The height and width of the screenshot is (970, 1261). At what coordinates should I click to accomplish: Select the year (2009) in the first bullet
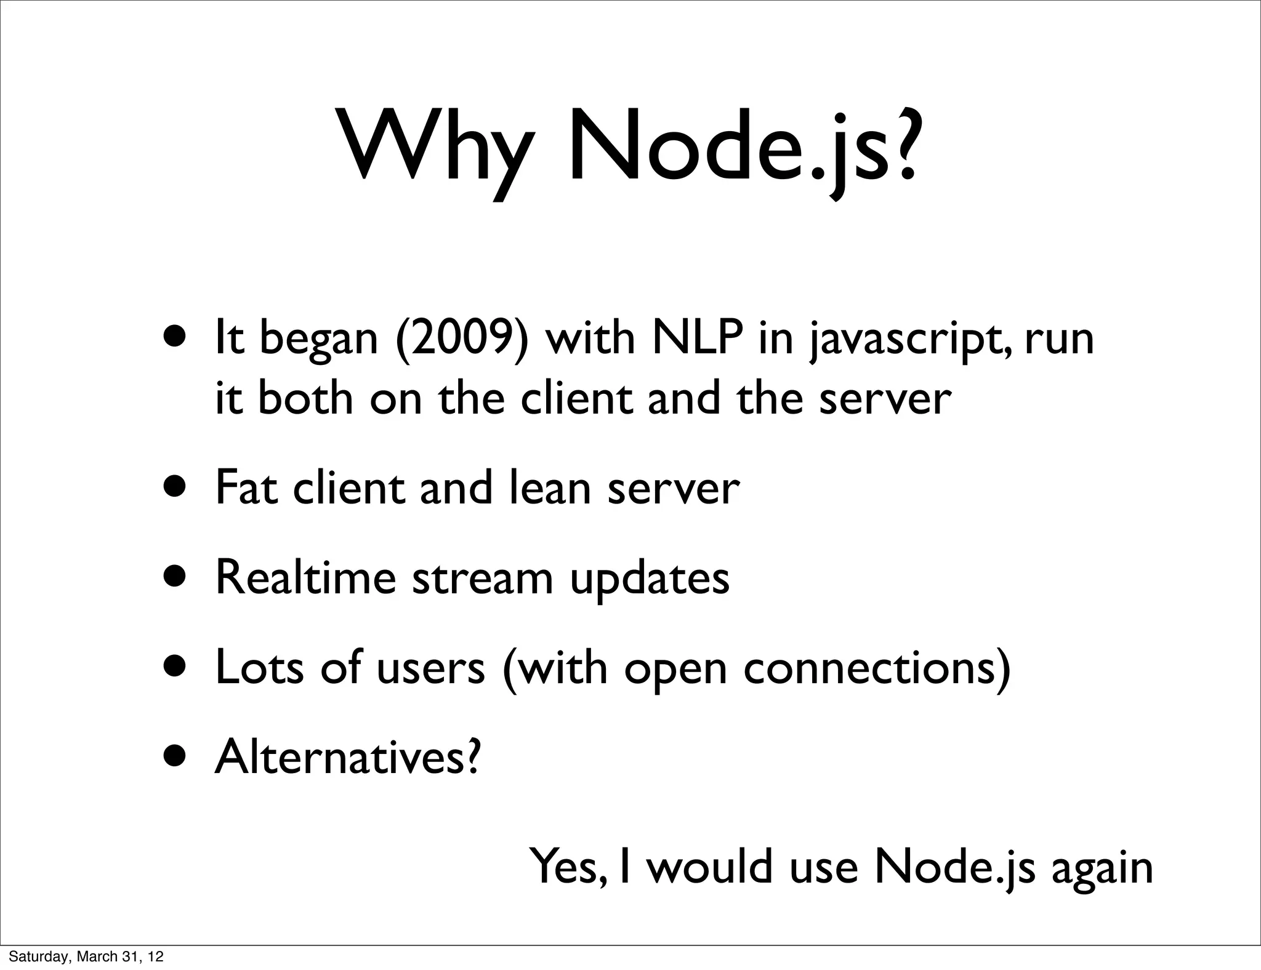click(462, 338)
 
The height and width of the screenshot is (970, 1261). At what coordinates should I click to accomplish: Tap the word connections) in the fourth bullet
click(877, 667)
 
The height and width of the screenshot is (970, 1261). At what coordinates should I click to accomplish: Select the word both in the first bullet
click(305, 398)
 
